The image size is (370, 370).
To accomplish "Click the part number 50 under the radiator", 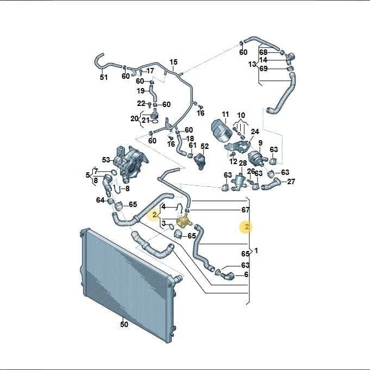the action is click(x=124, y=324).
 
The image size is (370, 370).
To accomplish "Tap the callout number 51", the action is click(x=104, y=77).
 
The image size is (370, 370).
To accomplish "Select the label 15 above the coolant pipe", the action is click(x=173, y=62).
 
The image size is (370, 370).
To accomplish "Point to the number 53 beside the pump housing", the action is click(x=106, y=160).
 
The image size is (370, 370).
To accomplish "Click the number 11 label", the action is click(x=225, y=115).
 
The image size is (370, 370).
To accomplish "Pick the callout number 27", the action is click(x=291, y=181).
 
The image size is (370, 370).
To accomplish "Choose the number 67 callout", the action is click(x=246, y=210).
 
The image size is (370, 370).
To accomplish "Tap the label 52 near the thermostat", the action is click(x=205, y=146).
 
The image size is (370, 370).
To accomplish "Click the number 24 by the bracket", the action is click(x=255, y=131).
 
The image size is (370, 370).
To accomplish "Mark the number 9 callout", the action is click(x=260, y=143).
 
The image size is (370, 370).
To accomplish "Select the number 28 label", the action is click(x=243, y=163).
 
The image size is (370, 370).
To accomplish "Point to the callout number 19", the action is click(x=141, y=91).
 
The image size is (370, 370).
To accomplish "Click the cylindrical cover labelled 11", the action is click(x=222, y=130).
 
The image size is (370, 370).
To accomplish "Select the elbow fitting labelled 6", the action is click(x=228, y=275).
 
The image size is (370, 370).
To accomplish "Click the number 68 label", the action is click(x=264, y=52).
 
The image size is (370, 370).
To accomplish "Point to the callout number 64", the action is click(x=100, y=200).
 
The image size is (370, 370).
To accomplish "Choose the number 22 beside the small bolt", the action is click(x=141, y=103).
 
